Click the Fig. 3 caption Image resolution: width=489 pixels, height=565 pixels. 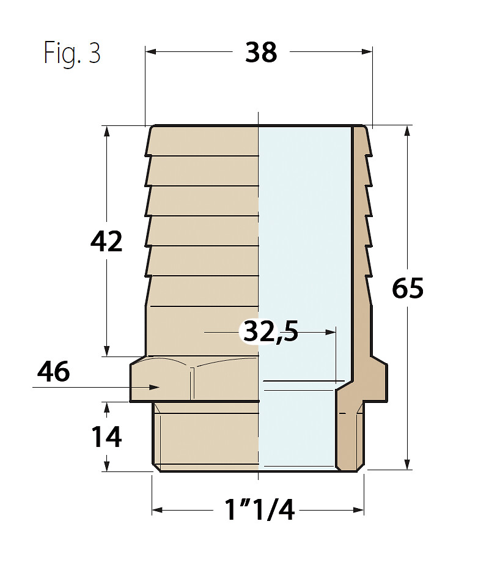[x=72, y=54]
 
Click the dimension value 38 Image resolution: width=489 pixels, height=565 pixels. [x=261, y=53]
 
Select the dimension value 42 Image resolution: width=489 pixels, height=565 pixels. [x=106, y=242]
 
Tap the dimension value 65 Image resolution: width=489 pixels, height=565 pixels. [x=408, y=288]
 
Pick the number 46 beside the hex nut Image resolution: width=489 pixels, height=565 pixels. [x=53, y=372]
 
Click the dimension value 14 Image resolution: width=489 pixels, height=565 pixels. [x=106, y=437]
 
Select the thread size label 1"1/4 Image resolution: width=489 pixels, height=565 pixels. [x=259, y=510]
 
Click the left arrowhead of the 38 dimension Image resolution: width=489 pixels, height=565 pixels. [x=150, y=51]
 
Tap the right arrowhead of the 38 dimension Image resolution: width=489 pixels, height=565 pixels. [x=367, y=51]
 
